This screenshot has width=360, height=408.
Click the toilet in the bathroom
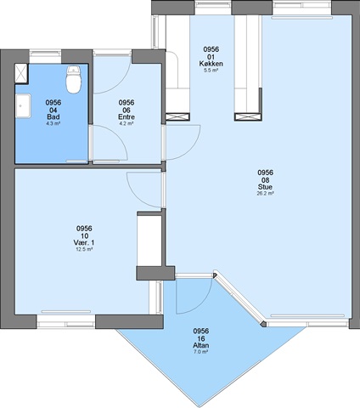click(73, 80)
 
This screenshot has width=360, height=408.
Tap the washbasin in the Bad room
click(23, 105)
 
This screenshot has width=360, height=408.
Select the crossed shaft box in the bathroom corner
click(21, 74)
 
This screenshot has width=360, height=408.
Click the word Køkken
click(211, 64)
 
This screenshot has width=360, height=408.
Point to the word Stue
click(265, 187)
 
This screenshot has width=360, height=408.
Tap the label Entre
click(127, 116)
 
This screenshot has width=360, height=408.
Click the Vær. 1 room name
click(84, 243)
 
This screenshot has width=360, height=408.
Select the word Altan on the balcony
click(201, 345)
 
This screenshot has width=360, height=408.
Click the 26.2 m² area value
click(265, 194)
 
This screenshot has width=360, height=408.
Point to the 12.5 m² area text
click(84, 249)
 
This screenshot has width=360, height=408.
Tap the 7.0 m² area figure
click(201, 352)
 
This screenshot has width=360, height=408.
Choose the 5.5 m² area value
click(211, 70)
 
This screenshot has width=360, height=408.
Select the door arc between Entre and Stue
click(194, 146)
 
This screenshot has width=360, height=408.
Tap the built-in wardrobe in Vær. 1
click(149, 239)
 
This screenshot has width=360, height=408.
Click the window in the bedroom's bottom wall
click(66, 321)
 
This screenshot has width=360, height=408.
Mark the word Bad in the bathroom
click(53, 116)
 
